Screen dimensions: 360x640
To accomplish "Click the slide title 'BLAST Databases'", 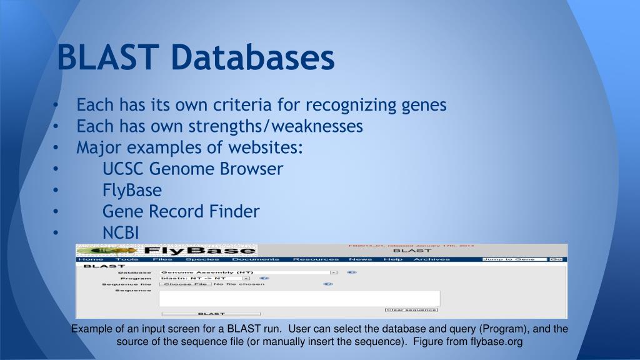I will [196, 57].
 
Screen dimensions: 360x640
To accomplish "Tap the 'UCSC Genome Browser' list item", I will [192, 169].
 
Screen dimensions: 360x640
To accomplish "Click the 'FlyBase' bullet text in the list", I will [132, 190].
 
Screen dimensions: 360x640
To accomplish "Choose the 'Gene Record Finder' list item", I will [181, 211].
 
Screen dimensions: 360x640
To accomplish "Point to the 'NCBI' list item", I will [121, 232].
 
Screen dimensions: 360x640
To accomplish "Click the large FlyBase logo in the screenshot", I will [166, 251].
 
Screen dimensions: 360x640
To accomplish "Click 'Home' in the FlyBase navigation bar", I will [90, 259].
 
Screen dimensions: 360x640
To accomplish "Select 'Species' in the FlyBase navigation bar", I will [202, 259].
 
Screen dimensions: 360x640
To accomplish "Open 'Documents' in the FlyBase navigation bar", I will [256, 259].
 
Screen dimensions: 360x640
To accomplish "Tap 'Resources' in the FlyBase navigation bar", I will [316, 259].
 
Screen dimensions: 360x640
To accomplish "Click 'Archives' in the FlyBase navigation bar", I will [431, 259].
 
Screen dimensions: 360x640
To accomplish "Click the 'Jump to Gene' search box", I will [514, 259].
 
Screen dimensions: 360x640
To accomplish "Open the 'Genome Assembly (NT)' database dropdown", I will [248, 272].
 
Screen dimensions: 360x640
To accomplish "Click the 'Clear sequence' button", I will [411, 309].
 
